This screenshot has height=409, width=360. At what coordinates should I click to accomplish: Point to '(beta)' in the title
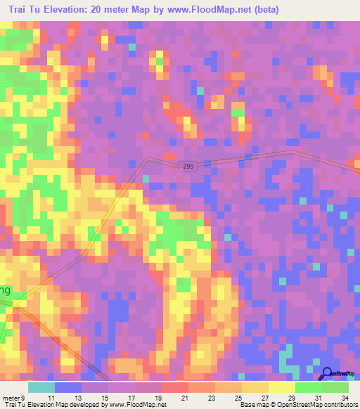pyautogui.click(x=268, y=10)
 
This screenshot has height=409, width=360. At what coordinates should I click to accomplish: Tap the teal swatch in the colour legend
pyautogui.click(x=41, y=387)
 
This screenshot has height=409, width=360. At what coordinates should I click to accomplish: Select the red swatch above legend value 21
pyautogui.click(x=175, y=387)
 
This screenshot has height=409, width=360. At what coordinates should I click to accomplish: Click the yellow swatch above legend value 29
pyautogui.click(x=282, y=387)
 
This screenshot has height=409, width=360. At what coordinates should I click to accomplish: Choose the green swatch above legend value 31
pyautogui.click(x=309, y=387)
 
